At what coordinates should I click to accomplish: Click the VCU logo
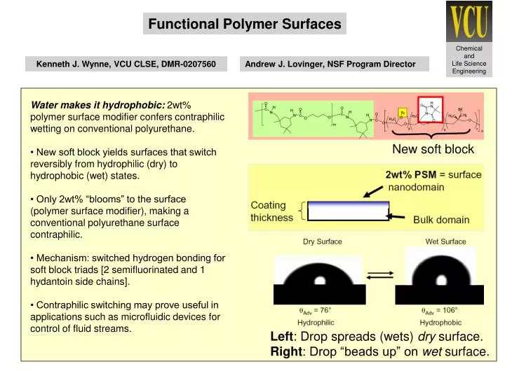[468, 21]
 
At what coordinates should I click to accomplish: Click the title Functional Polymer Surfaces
[245, 24]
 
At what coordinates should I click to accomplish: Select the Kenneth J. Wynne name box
[126, 64]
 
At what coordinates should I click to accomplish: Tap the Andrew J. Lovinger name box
[330, 64]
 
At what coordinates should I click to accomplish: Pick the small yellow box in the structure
[403, 112]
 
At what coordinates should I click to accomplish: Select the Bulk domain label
[441, 219]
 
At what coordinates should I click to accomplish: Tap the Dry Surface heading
[322, 241]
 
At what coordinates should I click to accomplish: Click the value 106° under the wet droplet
[449, 309]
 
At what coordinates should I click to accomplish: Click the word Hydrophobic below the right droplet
[440, 323]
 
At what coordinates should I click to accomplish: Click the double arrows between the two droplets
[379, 275]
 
